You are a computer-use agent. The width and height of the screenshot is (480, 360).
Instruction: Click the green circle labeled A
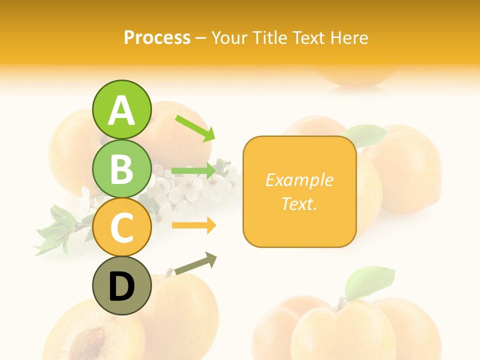point(121,109)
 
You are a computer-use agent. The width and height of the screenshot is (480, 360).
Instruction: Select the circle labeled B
point(121,168)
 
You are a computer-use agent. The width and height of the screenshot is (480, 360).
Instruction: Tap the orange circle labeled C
point(121,227)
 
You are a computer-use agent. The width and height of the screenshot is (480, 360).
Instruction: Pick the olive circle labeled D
point(121,285)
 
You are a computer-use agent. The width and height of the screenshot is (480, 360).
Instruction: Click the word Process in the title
point(157,37)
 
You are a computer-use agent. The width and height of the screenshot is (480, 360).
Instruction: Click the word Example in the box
point(299,180)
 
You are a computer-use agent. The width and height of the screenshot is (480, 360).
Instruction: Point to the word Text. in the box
point(299,203)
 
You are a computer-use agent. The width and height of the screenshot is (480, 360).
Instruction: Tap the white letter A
point(121,110)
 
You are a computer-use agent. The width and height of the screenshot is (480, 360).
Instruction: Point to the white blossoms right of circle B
point(200,184)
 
